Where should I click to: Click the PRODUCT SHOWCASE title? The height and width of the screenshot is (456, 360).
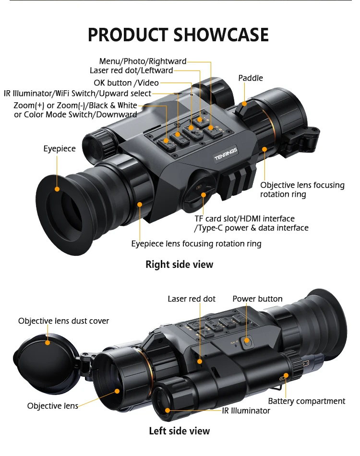(x=178, y=35)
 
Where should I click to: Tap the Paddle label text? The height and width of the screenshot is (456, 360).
(x=251, y=78)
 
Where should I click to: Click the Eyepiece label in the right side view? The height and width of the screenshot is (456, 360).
(x=60, y=149)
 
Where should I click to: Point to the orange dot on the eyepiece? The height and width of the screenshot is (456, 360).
(x=57, y=189)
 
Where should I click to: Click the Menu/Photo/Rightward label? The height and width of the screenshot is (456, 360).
(x=143, y=61)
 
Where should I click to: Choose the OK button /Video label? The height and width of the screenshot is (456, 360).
(x=127, y=83)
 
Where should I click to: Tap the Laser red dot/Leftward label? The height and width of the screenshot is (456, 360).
(x=131, y=71)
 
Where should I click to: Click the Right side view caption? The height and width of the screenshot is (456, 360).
(x=179, y=264)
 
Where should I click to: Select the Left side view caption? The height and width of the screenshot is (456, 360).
(x=179, y=431)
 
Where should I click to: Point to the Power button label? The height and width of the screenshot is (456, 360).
(x=257, y=299)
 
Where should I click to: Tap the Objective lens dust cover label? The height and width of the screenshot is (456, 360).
(x=63, y=321)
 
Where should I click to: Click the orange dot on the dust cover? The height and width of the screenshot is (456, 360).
(x=48, y=342)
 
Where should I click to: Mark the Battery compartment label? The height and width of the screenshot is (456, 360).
(x=306, y=401)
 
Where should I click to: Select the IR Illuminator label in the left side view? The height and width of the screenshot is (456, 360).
(x=246, y=411)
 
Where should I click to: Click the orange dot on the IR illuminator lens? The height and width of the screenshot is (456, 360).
(x=168, y=410)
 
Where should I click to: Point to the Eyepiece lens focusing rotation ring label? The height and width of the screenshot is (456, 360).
(x=196, y=244)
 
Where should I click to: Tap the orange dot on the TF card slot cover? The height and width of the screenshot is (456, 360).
(x=204, y=194)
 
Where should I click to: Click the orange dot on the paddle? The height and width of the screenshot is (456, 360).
(x=244, y=103)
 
